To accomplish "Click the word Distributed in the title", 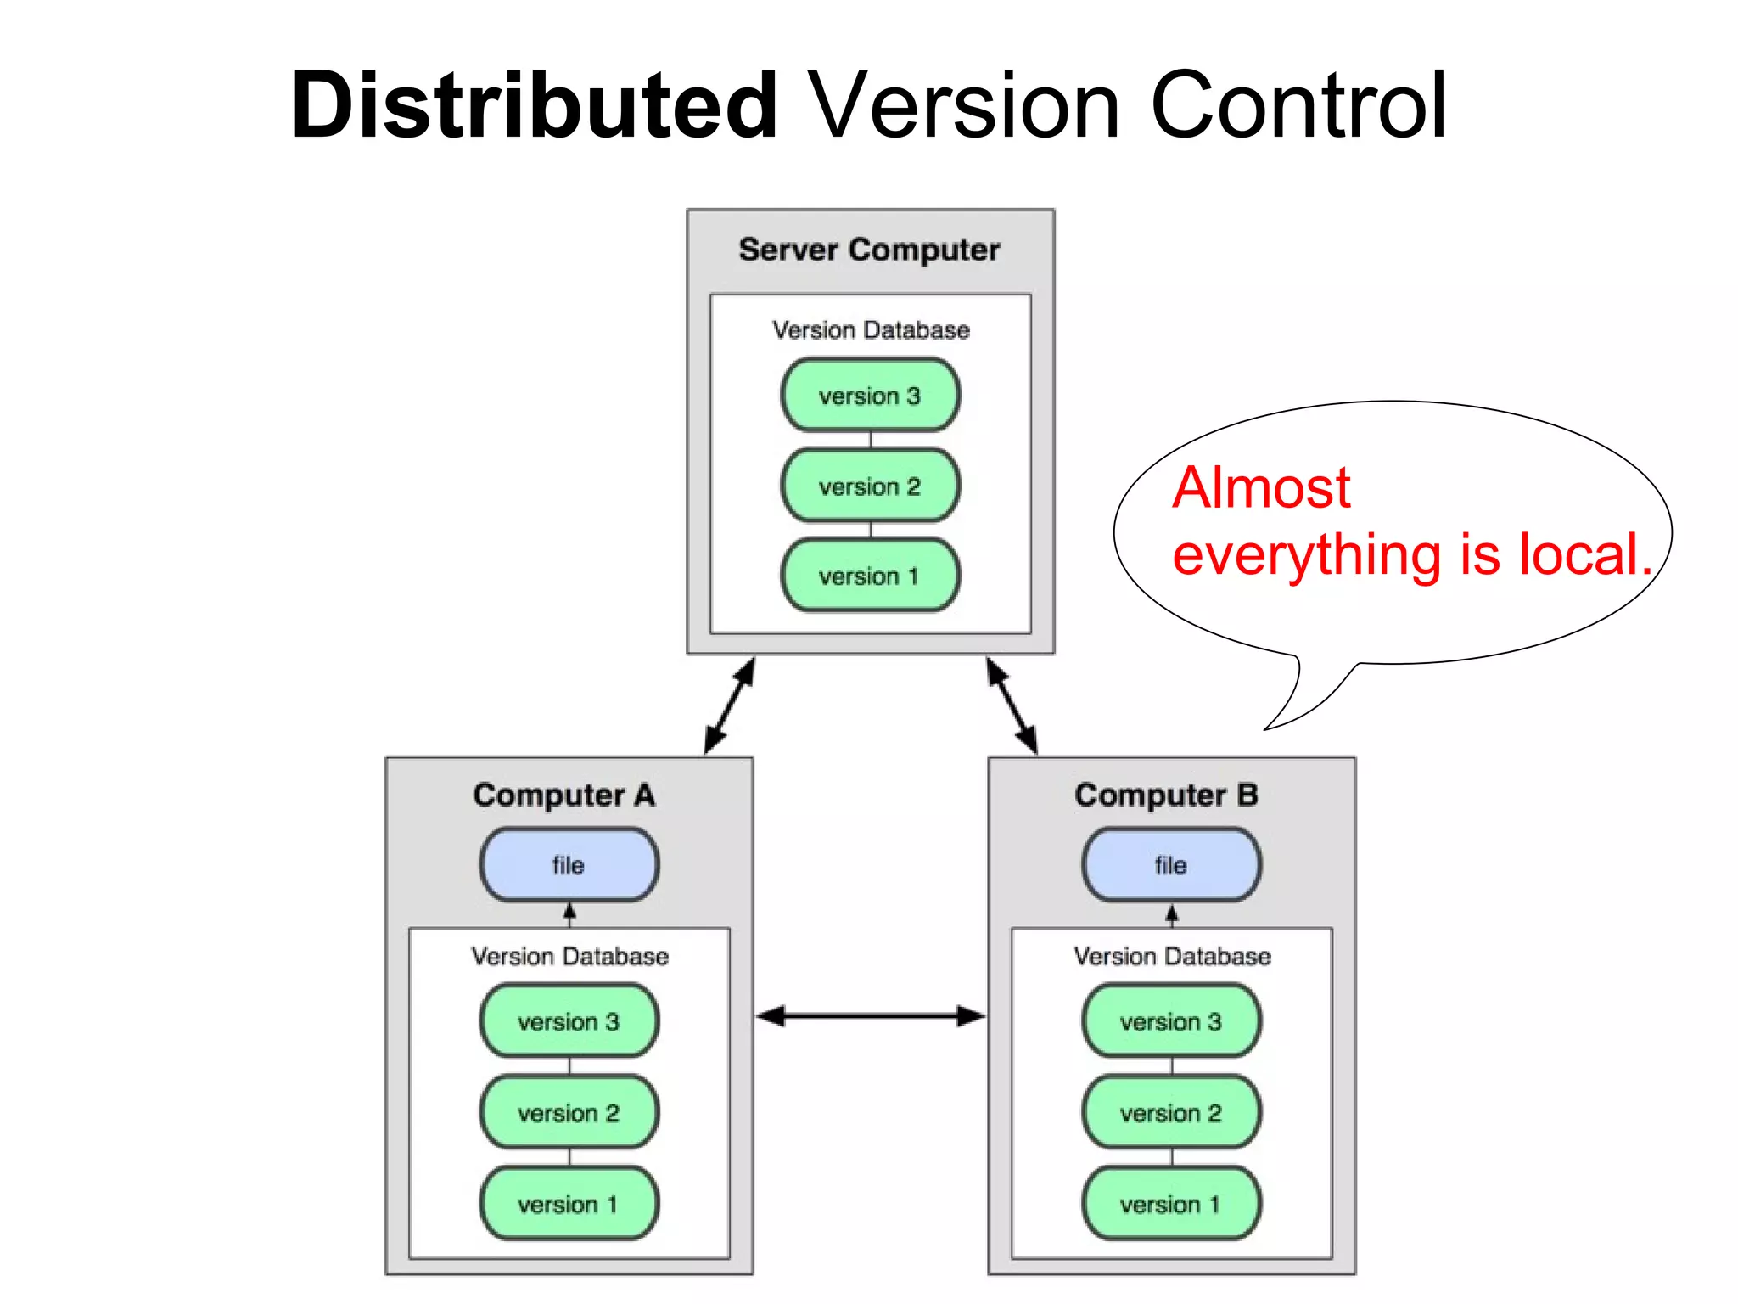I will point(535,106).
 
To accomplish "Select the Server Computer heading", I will point(869,250).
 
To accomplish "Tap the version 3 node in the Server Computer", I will point(870,396).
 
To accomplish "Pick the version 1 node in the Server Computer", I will point(870,576).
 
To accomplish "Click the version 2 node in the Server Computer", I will point(870,486).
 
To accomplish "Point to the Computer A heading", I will point(564,795).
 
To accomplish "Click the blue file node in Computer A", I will point(569,865).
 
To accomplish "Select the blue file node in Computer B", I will point(1171,865).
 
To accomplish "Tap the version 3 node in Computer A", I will point(569,1021).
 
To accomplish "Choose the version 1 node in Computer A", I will point(569,1204).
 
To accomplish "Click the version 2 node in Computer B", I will point(1171,1112).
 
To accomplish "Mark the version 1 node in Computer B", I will point(1171,1204).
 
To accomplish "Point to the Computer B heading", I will point(1166,795).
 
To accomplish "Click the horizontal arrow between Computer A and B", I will point(870,1015).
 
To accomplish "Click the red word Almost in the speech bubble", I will point(1261,488).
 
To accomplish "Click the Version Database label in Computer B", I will point(1172,957).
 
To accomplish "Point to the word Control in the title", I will point(1298,106).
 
